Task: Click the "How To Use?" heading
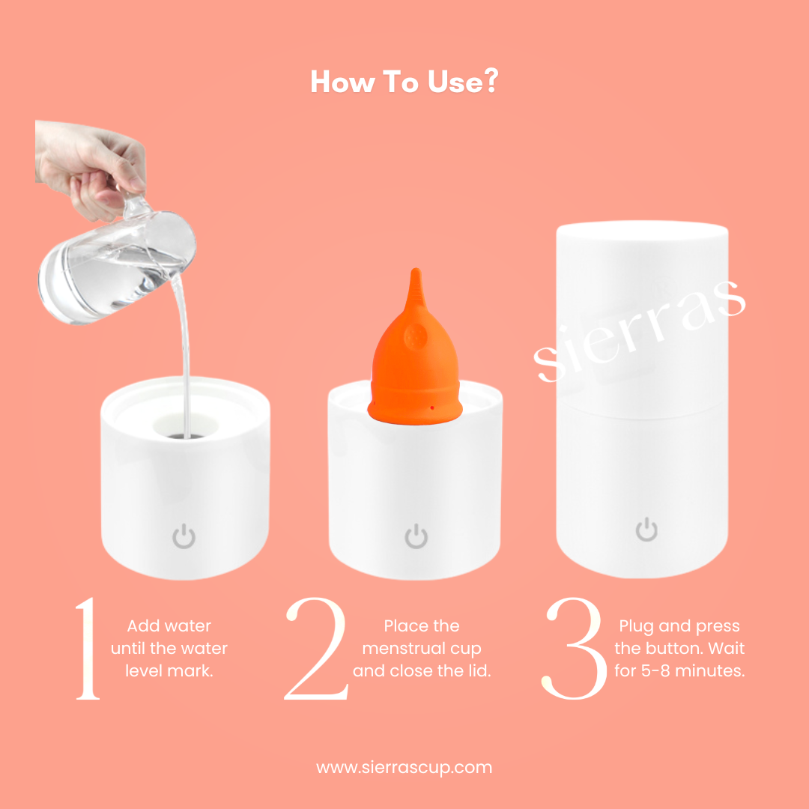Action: (404, 82)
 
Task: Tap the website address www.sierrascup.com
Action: (404, 767)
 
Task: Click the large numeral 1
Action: (88, 648)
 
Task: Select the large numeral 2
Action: (315, 648)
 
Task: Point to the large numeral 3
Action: (574, 648)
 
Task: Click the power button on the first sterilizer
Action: (184, 536)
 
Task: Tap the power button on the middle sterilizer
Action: (416, 536)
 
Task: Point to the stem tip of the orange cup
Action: (416, 270)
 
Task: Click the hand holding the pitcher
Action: (91, 165)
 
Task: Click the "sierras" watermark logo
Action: (640, 330)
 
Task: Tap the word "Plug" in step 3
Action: (637, 626)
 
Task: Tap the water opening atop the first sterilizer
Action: (186, 425)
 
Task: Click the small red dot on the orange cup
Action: (432, 408)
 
